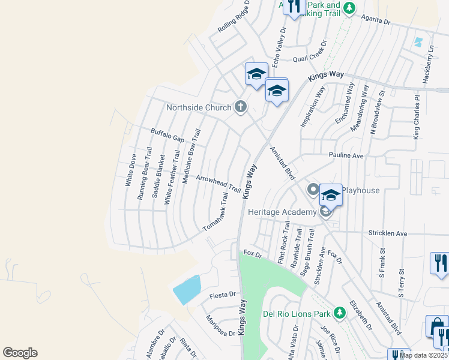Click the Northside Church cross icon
pyautogui.click(x=240, y=107)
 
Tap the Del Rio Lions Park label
pyautogui.click(x=297, y=314)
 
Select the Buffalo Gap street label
pyautogui.click(x=167, y=135)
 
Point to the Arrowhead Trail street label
pyautogui.click(x=218, y=184)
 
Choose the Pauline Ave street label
pyautogui.click(x=346, y=155)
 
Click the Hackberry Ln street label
pyautogui.click(x=430, y=67)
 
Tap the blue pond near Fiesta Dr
pyautogui.click(x=187, y=290)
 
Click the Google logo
pyautogui.click(x=20, y=353)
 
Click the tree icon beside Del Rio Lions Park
pyautogui.click(x=339, y=313)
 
